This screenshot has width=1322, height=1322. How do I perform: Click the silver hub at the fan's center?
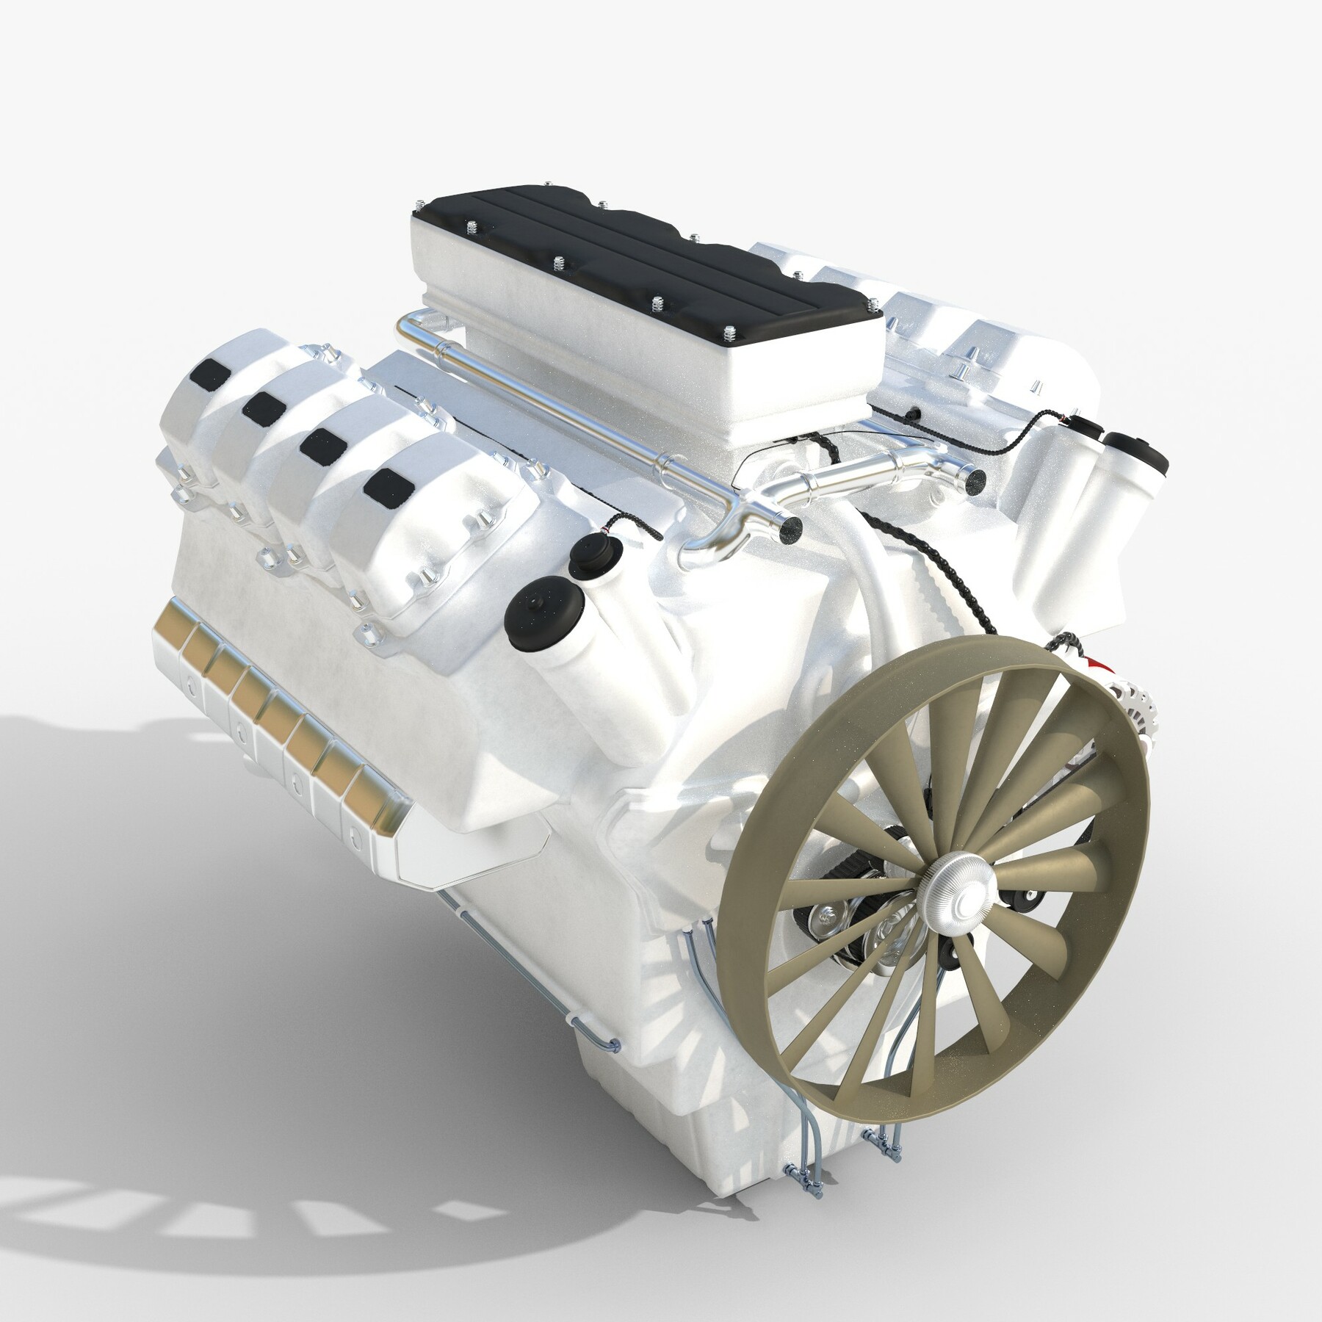click(x=954, y=881)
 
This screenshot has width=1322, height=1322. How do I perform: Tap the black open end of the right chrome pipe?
click(x=977, y=479)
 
